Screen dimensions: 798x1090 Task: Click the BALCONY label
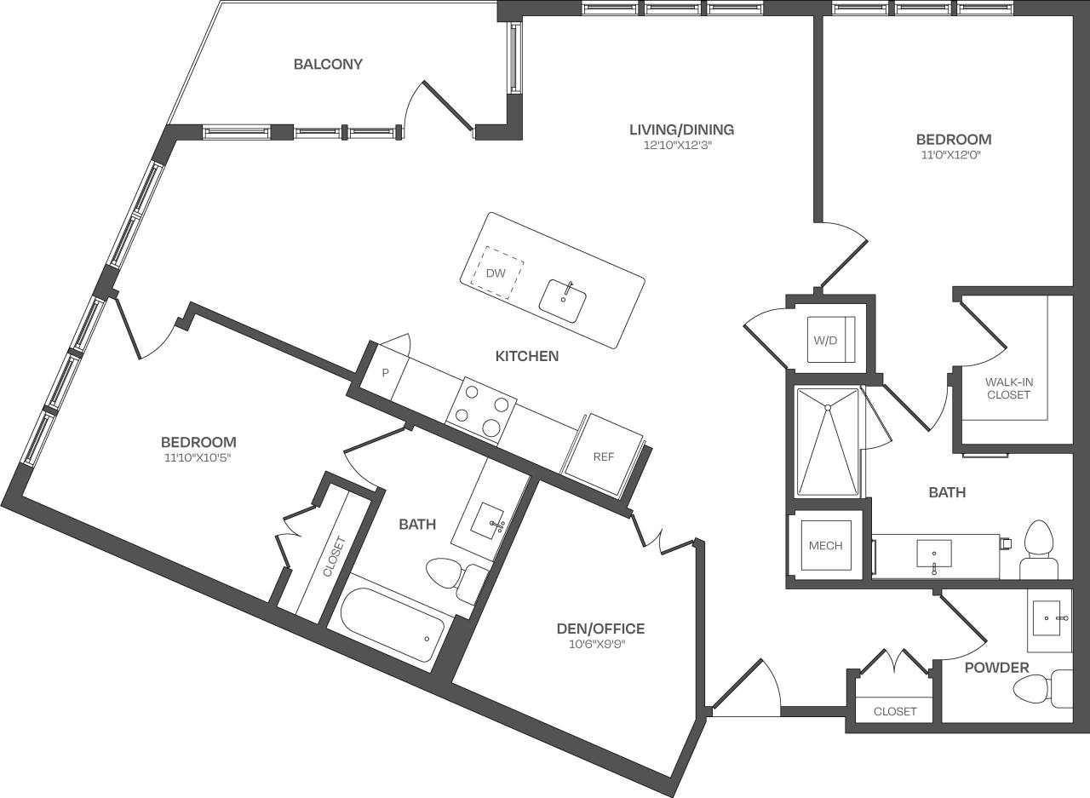pos(328,64)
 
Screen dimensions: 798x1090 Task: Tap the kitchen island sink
pos(563,301)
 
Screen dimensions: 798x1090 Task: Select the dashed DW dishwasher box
pos(497,273)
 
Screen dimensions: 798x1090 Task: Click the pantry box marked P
pos(384,373)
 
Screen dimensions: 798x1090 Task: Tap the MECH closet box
pos(825,546)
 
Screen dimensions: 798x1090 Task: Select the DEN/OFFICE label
pos(600,629)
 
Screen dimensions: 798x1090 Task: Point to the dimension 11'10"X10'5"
pos(198,458)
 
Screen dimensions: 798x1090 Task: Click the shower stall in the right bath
pos(827,441)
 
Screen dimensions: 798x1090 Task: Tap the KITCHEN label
pos(527,355)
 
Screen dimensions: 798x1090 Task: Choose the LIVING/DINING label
pos(681,129)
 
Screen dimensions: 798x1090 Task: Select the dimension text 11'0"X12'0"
pos(953,155)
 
